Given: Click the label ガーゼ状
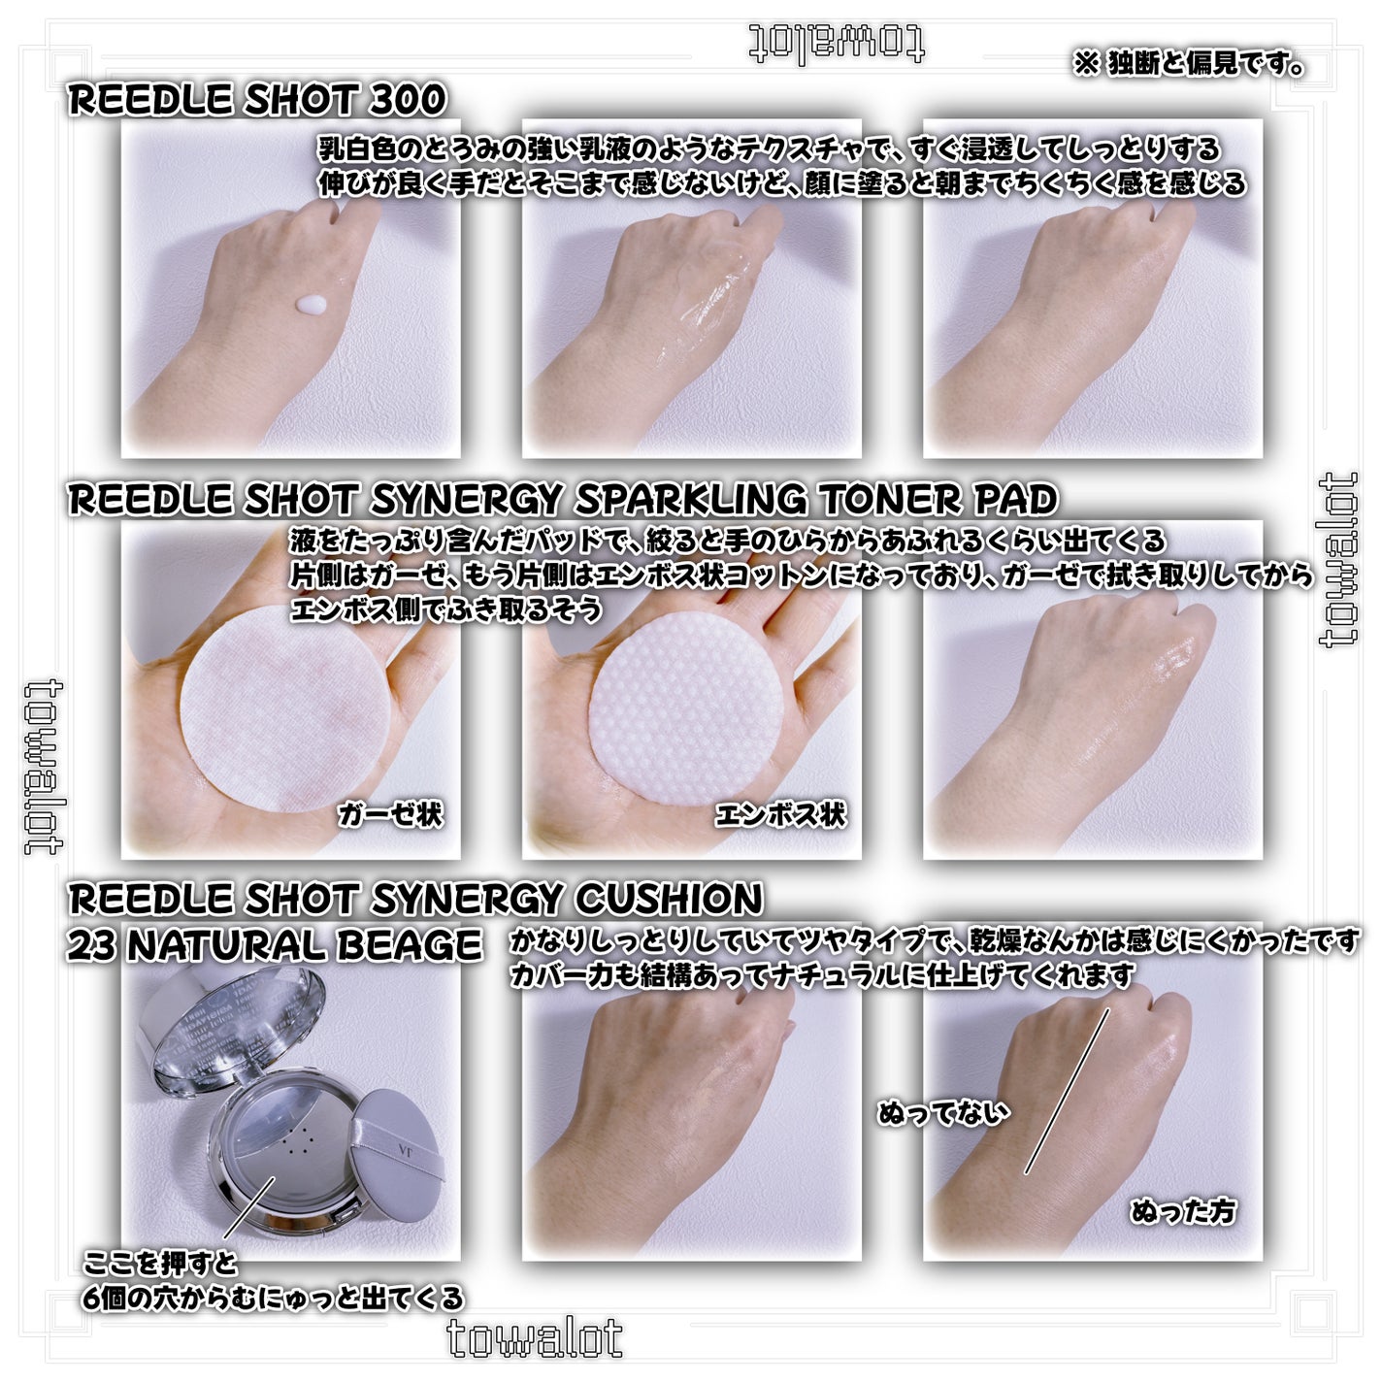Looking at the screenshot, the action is tap(390, 814).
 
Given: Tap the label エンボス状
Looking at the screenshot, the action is tap(780, 814).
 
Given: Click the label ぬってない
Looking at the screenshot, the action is tap(943, 1112).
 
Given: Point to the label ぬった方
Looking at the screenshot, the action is tap(1183, 1211).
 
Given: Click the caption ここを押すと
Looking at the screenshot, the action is tap(160, 1263).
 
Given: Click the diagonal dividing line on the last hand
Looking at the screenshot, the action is tap(1068, 1091).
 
